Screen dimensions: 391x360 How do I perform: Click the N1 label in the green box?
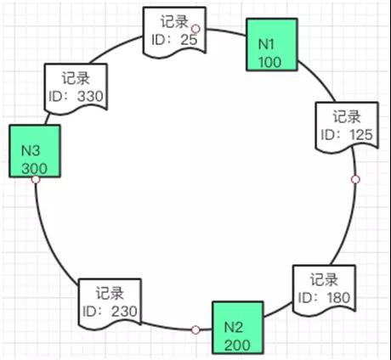coord(266,44)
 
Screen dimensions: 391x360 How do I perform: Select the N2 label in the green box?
coord(234,327)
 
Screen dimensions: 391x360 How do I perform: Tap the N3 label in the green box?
coord(31,150)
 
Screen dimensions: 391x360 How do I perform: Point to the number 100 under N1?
coord(269,62)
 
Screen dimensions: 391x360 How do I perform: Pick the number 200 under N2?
coord(237,346)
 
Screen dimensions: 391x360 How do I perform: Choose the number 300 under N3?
coord(34,169)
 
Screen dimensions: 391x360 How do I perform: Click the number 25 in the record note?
coord(189,40)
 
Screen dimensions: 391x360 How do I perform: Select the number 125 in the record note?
coord(361,135)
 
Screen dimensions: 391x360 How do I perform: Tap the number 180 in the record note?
coord(338,298)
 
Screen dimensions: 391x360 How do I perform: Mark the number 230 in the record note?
coord(124,312)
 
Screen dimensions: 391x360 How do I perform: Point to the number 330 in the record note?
coord(90,96)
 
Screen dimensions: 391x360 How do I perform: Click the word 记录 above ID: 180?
coord(324,279)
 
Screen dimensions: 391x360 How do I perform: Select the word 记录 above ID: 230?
coord(110,293)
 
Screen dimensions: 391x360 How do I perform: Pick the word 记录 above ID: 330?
coord(76,78)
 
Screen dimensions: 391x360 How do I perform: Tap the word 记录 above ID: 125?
coord(347,116)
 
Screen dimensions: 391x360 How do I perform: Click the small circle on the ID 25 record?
coord(195,29)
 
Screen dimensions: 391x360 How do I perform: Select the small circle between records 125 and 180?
coord(355,179)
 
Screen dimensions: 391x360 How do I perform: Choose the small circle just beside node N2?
coord(195,329)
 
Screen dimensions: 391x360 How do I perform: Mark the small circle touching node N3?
coord(36,179)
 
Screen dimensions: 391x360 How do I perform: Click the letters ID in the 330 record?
coord(55,96)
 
